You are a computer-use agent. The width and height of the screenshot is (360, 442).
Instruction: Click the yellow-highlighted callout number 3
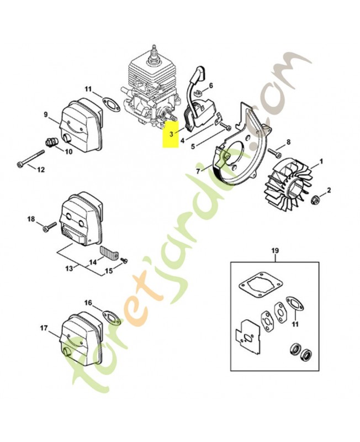click(x=171, y=134)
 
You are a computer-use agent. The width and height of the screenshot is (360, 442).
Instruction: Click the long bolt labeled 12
click(x=31, y=159)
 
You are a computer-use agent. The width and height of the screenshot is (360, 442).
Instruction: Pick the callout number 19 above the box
click(x=274, y=250)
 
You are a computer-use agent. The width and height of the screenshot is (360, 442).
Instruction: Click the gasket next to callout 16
click(x=112, y=317)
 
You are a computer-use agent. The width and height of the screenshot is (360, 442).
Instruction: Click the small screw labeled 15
click(x=124, y=260)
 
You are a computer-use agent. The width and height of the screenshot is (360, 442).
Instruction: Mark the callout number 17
click(x=44, y=328)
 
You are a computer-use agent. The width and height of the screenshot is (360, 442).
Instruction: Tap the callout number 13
click(x=69, y=269)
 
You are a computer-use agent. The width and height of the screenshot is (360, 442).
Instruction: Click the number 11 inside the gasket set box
click(x=295, y=324)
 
